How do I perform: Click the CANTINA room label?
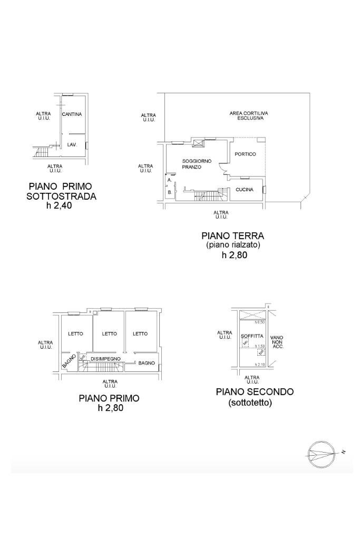coord(72,114)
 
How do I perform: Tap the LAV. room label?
coord(72,144)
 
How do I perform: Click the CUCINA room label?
coord(244,190)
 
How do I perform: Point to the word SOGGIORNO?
coord(197,161)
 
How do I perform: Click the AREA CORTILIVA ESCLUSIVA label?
coord(246,116)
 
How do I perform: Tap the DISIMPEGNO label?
coord(105,359)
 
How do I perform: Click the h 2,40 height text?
coord(59,206)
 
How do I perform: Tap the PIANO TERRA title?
coord(232,236)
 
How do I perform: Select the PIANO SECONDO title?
coord(255,392)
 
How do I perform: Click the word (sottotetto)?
coord(250,403)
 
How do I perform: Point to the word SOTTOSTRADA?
coord(61,197)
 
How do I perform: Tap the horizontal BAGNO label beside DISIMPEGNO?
coord(147,363)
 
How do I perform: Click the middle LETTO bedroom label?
coord(109,334)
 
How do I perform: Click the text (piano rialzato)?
coord(232,245)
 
